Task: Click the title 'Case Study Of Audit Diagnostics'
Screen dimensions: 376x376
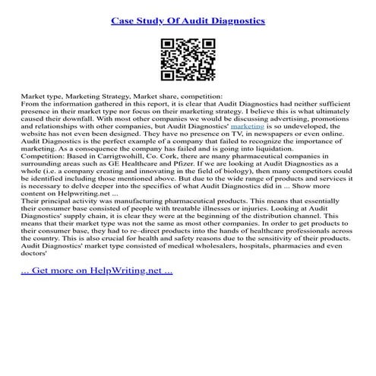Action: point(188,21)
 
